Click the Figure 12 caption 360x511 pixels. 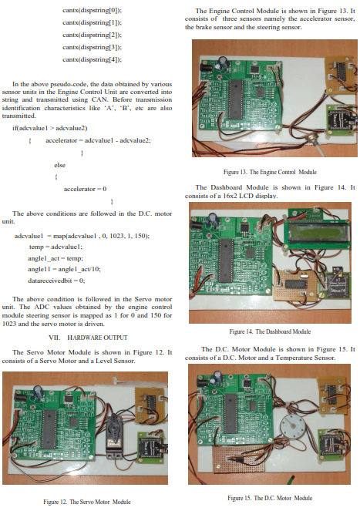coord(87,502)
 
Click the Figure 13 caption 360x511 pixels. coord(270,172)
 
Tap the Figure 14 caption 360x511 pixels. coord(270,331)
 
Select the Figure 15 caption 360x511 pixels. coord(270,498)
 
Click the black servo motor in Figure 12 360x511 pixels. coord(114,435)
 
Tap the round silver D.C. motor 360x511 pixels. coord(291,426)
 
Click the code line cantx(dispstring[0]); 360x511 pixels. coord(93,10)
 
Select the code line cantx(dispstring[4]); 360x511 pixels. coord(93,59)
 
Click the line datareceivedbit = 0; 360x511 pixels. coord(56,281)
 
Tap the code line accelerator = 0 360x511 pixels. coord(85,189)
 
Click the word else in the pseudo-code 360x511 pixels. coord(59,165)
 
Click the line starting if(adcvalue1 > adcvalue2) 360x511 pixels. coord(49,128)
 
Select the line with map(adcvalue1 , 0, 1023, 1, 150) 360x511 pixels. coord(82,236)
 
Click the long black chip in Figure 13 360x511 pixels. coord(235,99)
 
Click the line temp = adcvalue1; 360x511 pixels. coord(56,247)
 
